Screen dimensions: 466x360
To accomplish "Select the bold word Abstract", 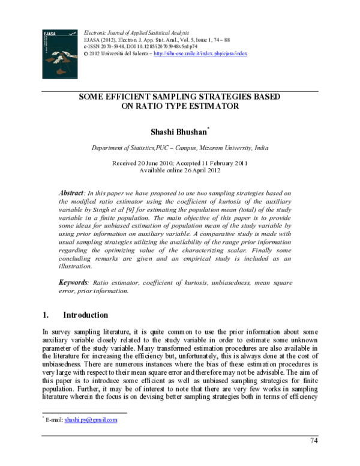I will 71,193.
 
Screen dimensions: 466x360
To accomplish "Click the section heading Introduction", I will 85,315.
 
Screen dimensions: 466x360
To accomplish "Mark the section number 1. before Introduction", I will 46,315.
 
